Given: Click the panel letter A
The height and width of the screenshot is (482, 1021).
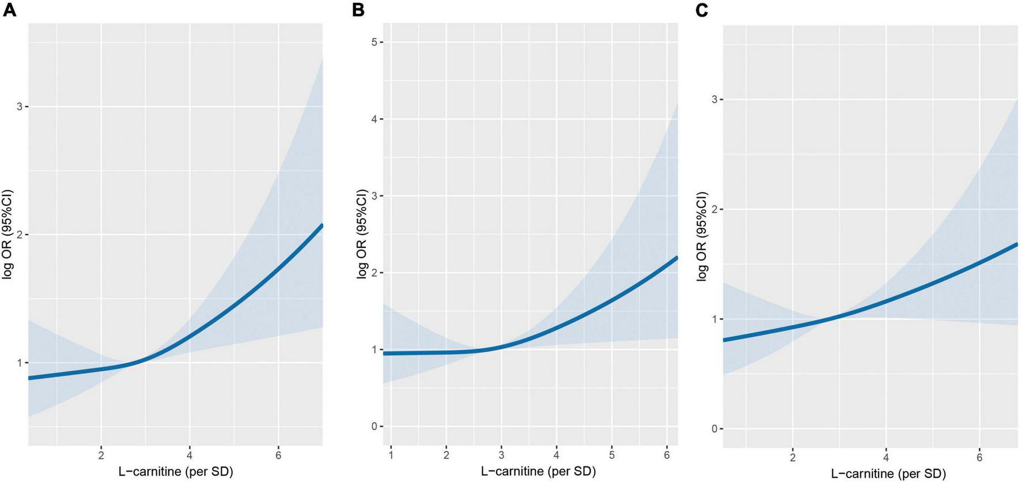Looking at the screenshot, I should click(x=9, y=10).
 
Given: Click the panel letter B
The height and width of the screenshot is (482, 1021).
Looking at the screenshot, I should click(x=358, y=10).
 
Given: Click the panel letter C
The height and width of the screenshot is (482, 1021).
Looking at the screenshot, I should click(x=702, y=10).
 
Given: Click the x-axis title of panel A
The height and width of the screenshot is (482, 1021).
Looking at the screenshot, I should click(x=176, y=471).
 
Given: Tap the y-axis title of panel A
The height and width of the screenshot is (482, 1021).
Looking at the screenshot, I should click(x=7, y=235).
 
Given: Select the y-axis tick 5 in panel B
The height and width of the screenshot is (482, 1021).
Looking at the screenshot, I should click(x=374, y=42).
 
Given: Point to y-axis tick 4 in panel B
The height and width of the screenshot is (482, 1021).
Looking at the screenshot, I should click(x=374, y=119).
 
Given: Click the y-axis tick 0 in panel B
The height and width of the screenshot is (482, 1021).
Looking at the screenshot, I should click(x=374, y=427).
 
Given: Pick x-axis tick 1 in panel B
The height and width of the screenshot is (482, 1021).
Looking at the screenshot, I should click(x=391, y=455).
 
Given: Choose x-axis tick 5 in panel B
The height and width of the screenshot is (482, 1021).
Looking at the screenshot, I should click(x=612, y=455).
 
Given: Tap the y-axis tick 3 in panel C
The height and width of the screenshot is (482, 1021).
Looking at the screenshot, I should click(x=714, y=100).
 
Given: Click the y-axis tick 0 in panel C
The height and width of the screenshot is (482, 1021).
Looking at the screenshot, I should click(x=714, y=429).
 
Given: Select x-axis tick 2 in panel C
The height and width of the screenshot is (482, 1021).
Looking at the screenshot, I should click(x=793, y=458).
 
